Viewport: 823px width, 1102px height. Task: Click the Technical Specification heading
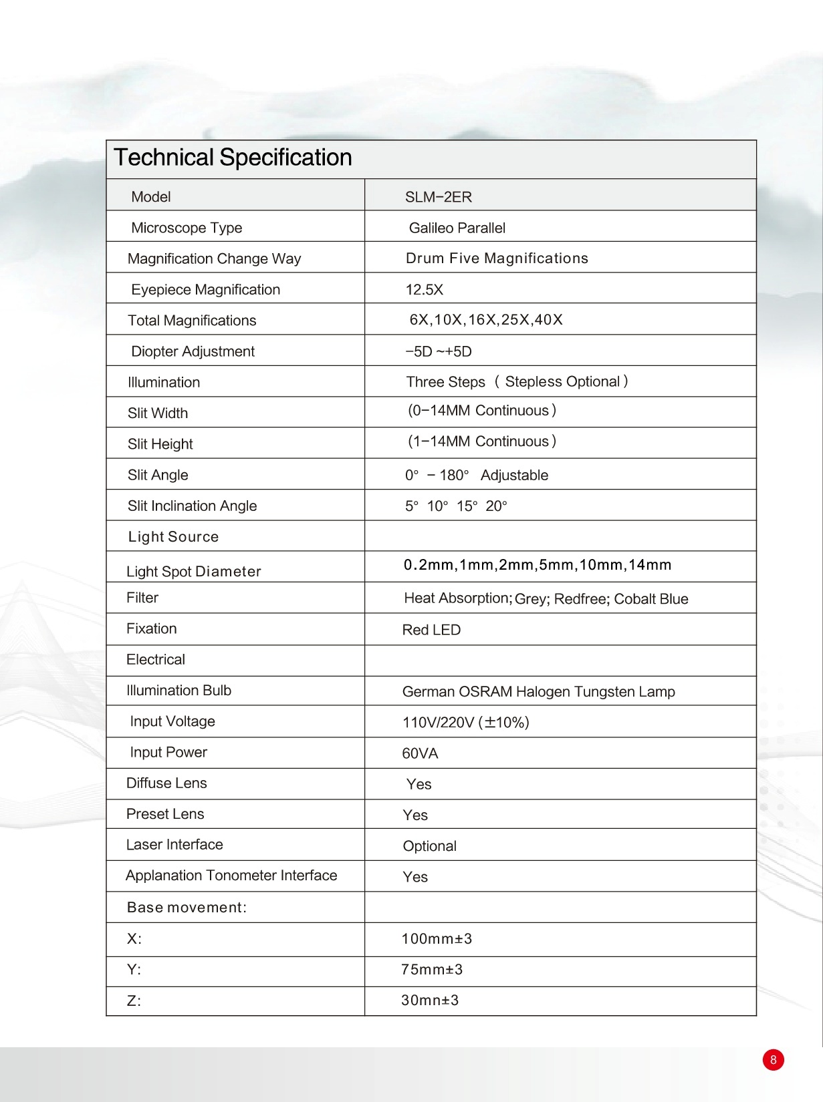233,158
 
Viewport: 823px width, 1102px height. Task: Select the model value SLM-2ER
438,197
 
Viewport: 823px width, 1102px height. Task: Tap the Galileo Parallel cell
457,228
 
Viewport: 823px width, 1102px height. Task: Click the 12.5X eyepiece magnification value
424,290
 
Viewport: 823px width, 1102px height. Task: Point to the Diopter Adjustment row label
193,351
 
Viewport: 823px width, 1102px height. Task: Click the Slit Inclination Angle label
192,506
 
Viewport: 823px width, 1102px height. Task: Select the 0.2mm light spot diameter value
429,565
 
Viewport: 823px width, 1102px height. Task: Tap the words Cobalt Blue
651,599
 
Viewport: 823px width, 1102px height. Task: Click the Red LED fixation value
431,630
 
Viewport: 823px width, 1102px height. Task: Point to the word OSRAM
485,692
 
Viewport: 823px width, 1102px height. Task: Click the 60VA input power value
420,753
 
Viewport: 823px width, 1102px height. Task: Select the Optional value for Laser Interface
429,846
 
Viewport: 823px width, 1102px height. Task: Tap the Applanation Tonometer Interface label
231,876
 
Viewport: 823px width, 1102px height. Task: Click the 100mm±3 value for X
437,939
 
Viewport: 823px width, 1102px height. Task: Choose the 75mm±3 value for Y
432,970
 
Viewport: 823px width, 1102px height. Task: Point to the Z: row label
134,1000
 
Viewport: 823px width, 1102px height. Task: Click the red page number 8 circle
773,1060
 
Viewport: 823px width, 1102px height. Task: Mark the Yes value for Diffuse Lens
419,784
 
